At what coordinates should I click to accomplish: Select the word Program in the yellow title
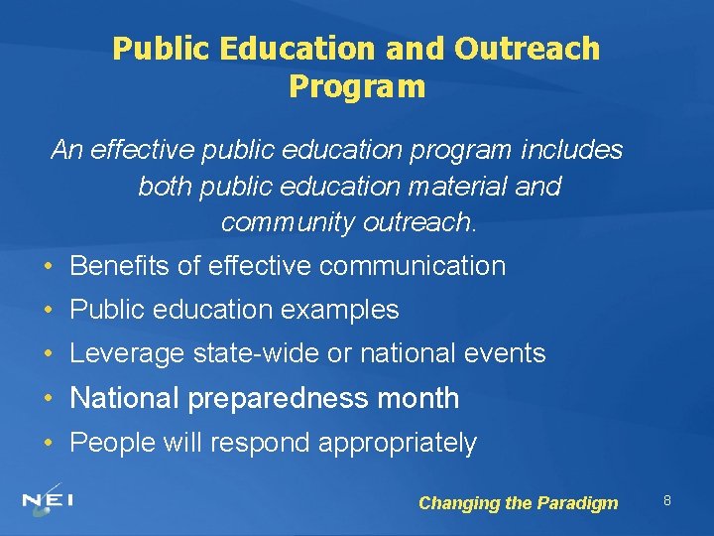(x=357, y=86)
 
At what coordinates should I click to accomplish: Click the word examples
(x=340, y=310)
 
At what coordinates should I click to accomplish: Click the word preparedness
(x=280, y=399)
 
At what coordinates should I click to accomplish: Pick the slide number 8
(x=667, y=500)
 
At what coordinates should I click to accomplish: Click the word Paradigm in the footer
(x=577, y=503)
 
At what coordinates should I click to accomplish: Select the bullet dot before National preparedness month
(x=49, y=399)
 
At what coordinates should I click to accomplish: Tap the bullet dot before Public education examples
(x=49, y=310)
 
